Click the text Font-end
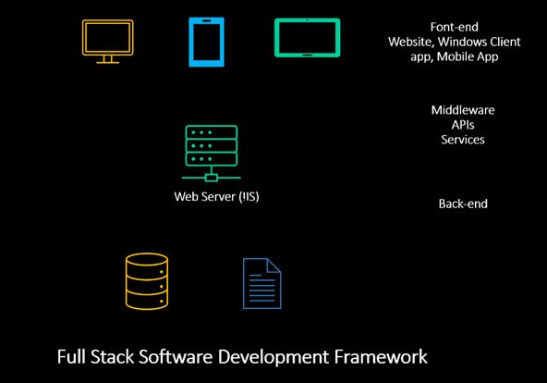tap(455, 27)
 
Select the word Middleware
tap(463, 110)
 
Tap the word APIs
tap(463, 125)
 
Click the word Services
tap(463, 140)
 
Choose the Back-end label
tap(463, 204)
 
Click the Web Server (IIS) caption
tap(216, 196)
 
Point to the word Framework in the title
tap(381, 357)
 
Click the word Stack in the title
tap(113, 357)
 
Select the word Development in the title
tap(273, 357)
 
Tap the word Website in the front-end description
tap(409, 42)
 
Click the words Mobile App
tap(468, 56)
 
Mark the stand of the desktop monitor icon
tap(108, 60)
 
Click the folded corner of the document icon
tap(273, 266)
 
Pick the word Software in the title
tap(176, 357)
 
